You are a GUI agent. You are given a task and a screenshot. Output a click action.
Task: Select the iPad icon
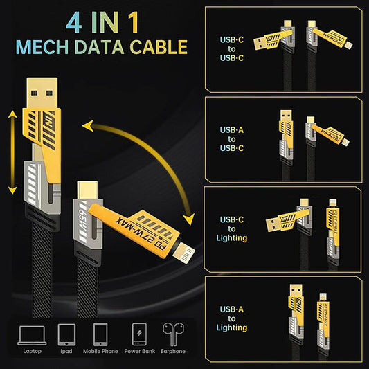click(66, 335)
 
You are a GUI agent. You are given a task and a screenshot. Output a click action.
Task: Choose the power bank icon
click(138, 335)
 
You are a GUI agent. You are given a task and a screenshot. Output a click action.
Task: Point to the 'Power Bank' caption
click(138, 351)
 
